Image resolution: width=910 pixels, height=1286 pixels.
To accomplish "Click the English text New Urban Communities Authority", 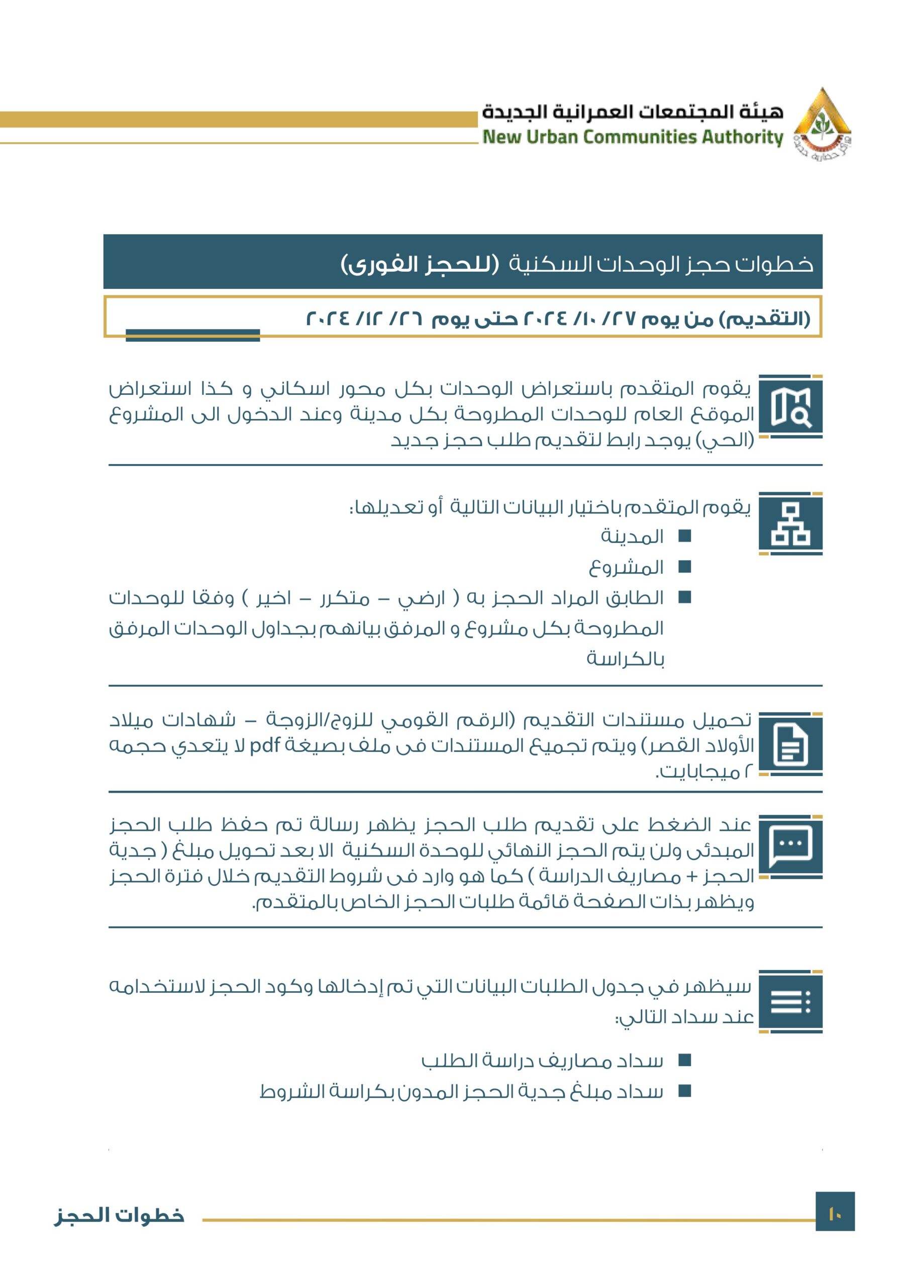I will tap(633, 137).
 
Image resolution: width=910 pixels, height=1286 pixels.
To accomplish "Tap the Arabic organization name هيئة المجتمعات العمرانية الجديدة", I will tap(633, 112).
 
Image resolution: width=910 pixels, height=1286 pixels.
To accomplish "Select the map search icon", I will tap(790, 407).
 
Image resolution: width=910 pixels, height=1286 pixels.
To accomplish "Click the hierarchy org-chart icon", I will tap(790, 524).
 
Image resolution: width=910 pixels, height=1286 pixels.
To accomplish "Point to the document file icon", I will tap(790, 744).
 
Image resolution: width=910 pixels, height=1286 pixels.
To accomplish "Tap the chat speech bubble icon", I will tap(790, 846).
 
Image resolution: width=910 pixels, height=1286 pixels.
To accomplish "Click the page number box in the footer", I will tap(835, 1215).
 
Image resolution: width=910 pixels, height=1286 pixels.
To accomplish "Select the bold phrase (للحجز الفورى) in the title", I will tap(420, 264).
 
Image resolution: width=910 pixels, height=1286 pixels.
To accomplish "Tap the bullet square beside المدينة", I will tap(685, 536).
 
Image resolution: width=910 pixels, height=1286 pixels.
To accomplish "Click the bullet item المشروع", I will tap(626, 567).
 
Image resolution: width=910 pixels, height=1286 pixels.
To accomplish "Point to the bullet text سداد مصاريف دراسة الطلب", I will tap(542, 1060).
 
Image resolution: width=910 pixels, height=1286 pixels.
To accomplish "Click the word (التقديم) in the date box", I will tap(765, 319).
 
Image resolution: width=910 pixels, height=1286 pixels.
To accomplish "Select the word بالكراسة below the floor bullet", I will tap(626, 659).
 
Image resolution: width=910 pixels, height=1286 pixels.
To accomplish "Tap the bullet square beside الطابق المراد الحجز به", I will tap(685, 598).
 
